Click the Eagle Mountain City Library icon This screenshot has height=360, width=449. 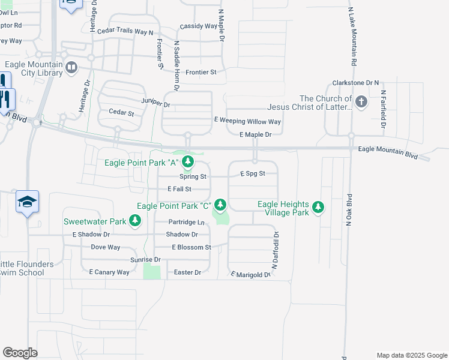72,67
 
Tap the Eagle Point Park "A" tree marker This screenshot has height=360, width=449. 188,161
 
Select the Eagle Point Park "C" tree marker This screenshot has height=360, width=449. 220,205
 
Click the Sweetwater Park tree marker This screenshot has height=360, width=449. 136,221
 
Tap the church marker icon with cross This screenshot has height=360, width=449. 361,101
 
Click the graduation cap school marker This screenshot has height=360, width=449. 28,202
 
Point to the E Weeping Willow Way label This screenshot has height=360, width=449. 248,121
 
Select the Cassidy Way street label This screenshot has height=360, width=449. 199,26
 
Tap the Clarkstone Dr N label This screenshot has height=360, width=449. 355,83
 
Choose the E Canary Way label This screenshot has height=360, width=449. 109,272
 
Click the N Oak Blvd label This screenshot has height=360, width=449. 348,209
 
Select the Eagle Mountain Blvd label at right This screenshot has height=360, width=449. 387,153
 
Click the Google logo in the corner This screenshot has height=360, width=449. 20,353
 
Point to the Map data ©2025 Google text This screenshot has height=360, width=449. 411,355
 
